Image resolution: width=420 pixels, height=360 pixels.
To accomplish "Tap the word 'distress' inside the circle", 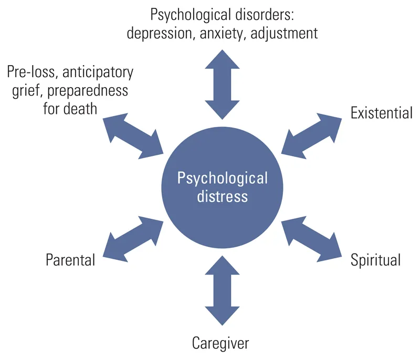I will point(222,197).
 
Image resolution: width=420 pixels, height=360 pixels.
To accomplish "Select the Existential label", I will point(382,113).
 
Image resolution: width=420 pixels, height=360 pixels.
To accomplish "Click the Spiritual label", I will point(375,259).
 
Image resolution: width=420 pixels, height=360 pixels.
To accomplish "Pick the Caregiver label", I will point(220,344).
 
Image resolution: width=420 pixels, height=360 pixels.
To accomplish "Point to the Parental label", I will point(70,259).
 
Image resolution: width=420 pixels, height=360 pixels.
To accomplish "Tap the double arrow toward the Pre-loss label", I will point(133,135).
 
